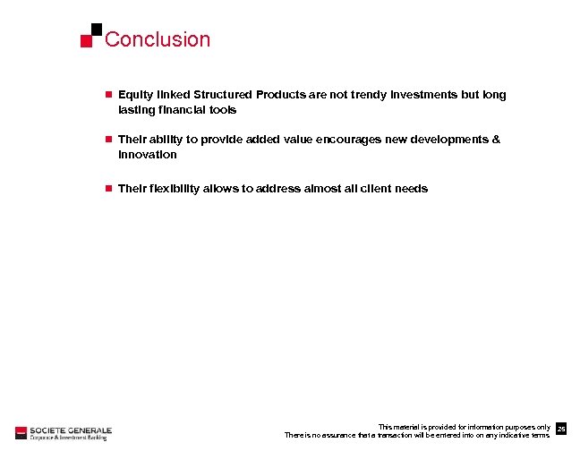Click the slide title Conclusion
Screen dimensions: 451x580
pos(158,39)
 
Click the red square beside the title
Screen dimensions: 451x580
pos(87,41)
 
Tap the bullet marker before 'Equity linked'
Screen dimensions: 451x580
pos(107,95)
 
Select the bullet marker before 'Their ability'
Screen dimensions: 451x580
pos(107,140)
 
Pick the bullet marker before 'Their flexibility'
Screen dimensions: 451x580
pos(107,189)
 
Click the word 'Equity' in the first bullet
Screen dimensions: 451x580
pos(134,95)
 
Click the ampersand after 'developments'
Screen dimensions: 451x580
pos(497,140)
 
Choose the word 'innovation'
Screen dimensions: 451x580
pos(148,155)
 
